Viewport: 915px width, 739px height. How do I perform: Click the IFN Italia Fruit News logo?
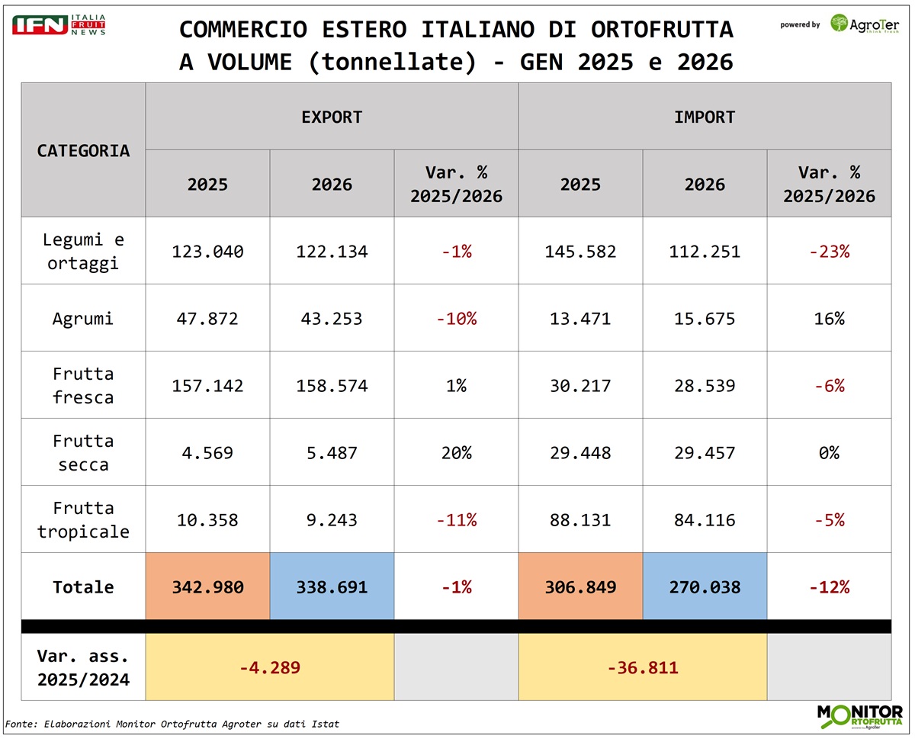[x=59, y=24]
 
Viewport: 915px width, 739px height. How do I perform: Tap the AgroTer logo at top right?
[x=865, y=24]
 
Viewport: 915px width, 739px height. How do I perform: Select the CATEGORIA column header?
[x=83, y=150]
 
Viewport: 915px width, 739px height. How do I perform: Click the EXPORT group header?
[x=332, y=117]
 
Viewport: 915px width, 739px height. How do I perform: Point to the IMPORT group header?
[x=705, y=117]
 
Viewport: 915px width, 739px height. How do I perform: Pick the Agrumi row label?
[x=83, y=318]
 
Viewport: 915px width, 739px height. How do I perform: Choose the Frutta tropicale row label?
[x=83, y=519]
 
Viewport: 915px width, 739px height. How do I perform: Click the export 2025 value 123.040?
[x=207, y=251]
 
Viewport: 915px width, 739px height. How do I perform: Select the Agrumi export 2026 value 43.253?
[x=332, y=318]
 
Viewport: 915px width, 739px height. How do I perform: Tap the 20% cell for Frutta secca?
[x=456, y=452]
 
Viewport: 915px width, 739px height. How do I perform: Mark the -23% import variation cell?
[x=829, y=251]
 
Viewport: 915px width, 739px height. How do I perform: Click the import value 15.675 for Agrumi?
[x=705, y=318]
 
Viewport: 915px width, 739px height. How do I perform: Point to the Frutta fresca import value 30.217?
[x=580, y=385]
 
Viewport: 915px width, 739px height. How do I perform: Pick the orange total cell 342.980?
[x=207, y=586]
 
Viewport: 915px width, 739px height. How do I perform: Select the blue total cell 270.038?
[x=705, y=586]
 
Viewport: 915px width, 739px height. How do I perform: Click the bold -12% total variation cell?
[x=829, y=586]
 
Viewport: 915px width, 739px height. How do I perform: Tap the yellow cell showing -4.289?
[x=270, y=667]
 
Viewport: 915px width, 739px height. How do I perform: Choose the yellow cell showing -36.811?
[x=643, y=667]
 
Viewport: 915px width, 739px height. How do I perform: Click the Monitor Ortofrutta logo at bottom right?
[x=859, y=718]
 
